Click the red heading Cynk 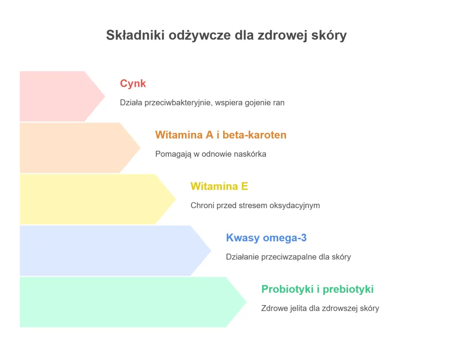click(133, 83)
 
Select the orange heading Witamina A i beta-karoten click(221, 135)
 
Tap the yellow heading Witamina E click(219, 186)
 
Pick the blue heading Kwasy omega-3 click(266, 238)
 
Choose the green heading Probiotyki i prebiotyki click(317, 289)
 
